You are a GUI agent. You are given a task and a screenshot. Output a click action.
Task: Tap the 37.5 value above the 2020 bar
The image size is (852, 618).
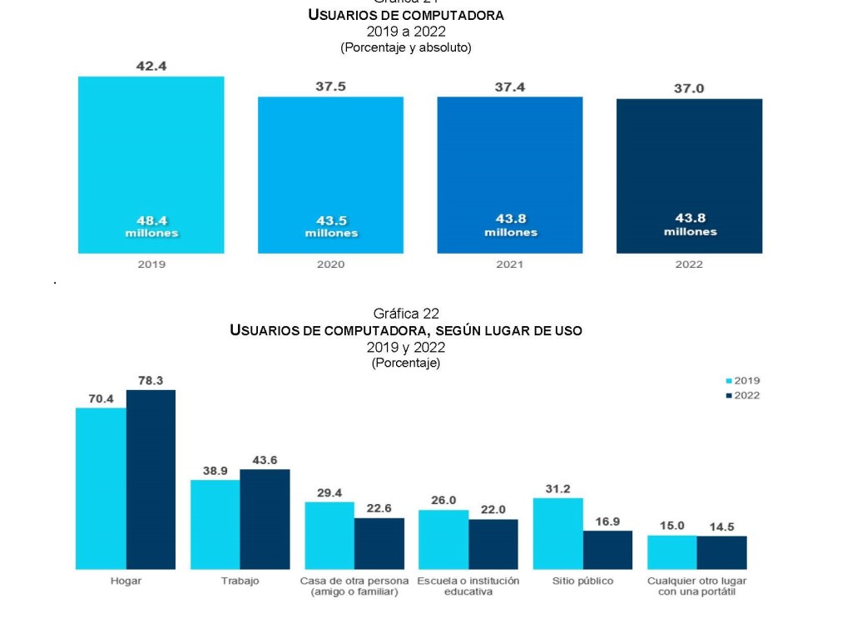point(330,87)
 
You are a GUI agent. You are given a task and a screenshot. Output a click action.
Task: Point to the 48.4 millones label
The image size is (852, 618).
point(151,226)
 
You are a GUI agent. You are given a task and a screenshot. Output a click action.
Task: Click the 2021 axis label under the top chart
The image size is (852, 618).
point(510,265)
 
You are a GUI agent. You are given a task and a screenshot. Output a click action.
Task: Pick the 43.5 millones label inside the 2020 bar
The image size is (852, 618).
point(330,226)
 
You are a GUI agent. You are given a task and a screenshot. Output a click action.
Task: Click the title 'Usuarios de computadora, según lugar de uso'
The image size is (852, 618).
point(406,330)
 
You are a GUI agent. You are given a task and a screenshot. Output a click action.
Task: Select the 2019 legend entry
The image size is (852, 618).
point(742,381)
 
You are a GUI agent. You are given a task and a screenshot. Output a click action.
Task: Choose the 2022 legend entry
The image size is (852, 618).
point(742,395)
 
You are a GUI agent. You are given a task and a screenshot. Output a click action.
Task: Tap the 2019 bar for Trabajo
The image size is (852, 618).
point(215,524)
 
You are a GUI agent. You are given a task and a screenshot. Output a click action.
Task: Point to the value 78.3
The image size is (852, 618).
point(151,380)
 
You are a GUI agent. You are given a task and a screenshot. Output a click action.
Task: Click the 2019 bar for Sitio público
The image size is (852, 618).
point(557,533)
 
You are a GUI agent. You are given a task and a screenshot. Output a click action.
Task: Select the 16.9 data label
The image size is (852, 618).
point(607,522)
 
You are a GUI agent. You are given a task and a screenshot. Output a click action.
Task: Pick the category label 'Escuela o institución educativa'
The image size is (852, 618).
point(468,586)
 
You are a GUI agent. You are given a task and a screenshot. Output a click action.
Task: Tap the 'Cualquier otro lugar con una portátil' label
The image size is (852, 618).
point(696,586)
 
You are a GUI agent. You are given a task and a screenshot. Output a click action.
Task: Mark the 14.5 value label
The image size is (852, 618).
point(721,526)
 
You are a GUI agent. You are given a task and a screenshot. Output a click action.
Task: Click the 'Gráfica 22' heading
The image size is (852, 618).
point(406,314)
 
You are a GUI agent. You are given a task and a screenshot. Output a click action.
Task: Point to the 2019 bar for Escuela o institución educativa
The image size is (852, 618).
point(443,539)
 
